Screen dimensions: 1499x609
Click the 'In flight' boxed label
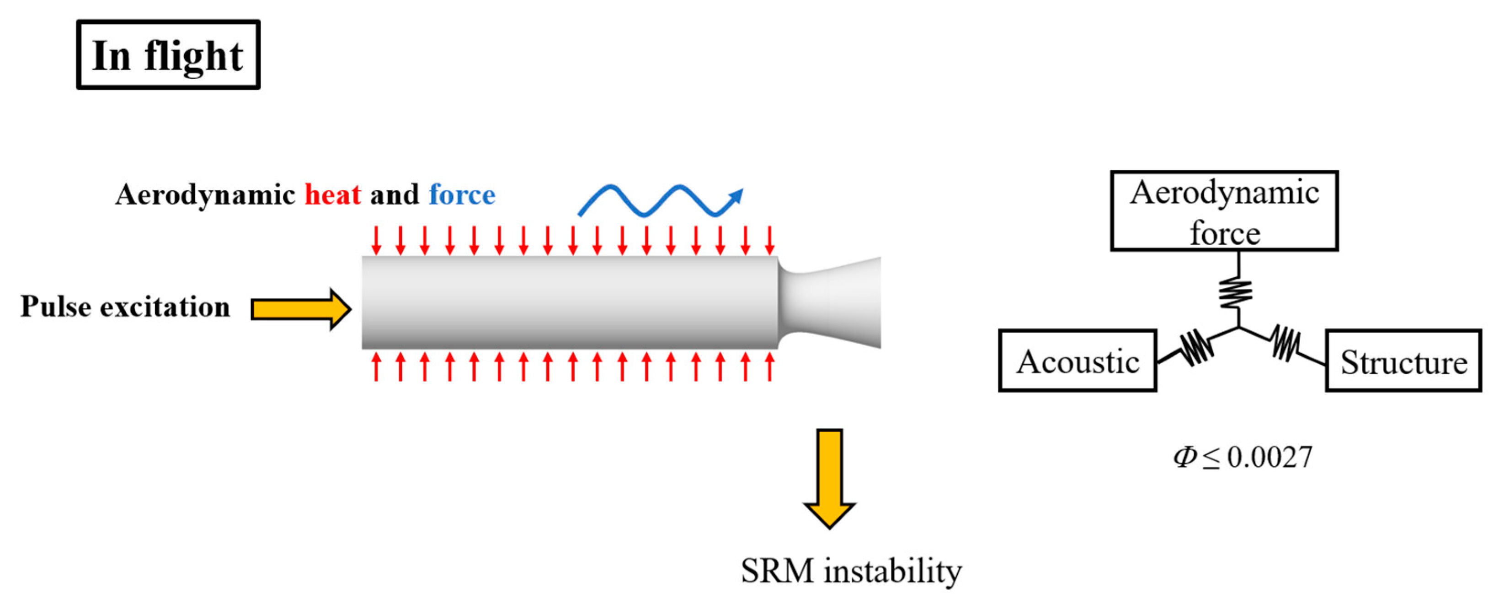pos(168,55)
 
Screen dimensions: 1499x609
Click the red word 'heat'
pos(332,194)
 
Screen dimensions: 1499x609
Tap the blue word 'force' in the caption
pos(462,194)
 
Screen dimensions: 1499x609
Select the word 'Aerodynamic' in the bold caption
pos(205,194)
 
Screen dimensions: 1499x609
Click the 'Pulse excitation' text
pos(125,307)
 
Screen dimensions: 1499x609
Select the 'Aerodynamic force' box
pos(1224,211)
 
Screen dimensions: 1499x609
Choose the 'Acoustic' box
pos(1078,361)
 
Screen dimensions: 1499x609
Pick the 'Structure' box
pos(1403,361)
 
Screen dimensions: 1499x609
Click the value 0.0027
pos(1270,457)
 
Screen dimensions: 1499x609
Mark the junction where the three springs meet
pos(1238,328)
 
